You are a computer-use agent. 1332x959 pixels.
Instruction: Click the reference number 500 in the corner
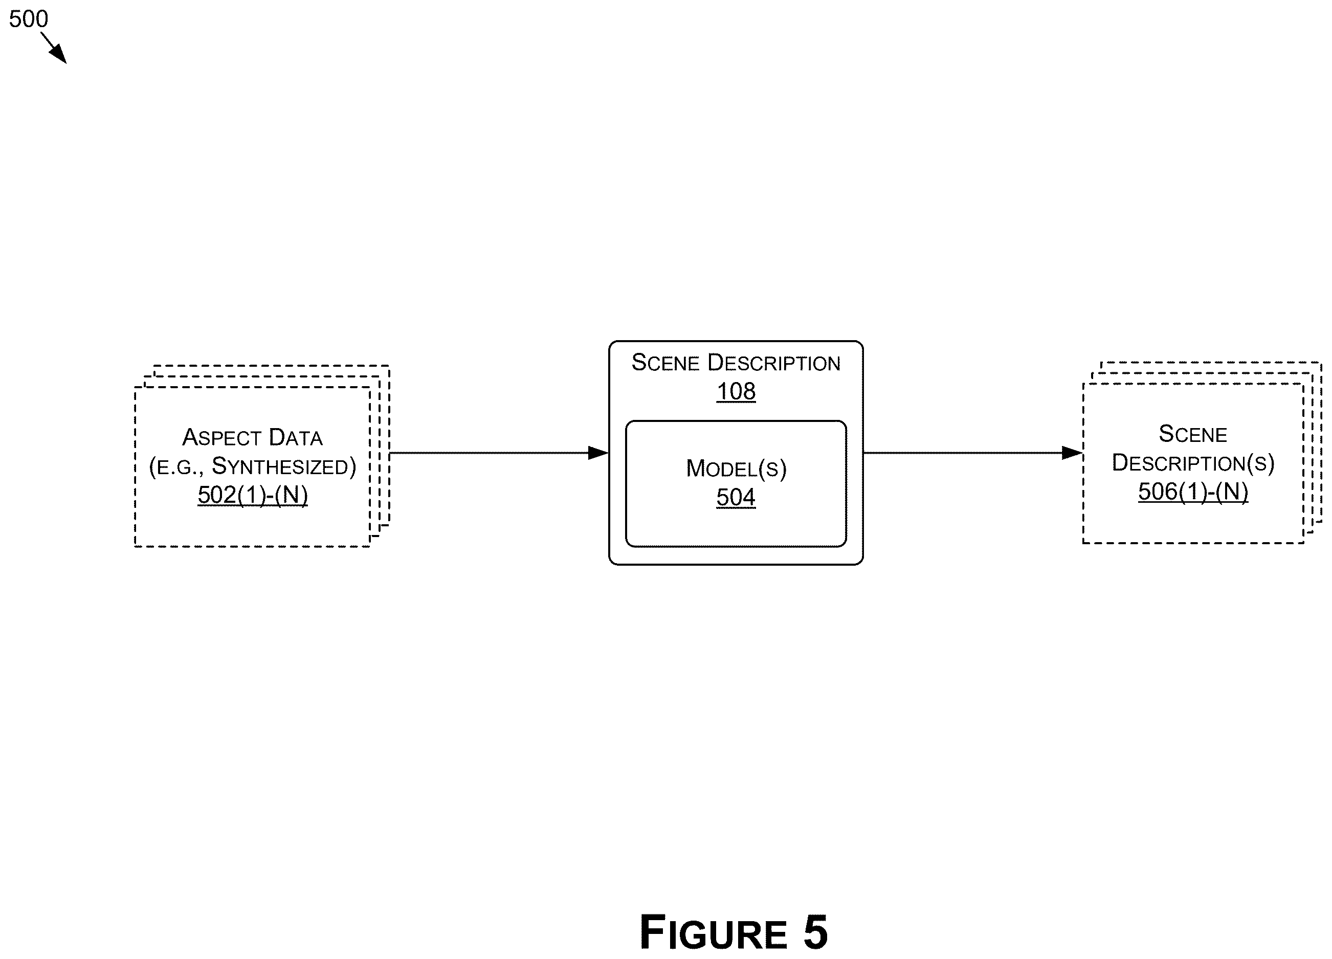pyautogui.click(x=28, y=19)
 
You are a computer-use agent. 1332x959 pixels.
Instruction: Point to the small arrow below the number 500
pyautogui.click(x=53, y=48)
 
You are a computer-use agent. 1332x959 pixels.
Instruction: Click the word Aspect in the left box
pyautogui.click(x=221, y=437)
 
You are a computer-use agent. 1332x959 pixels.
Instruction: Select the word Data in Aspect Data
pyautogui.click(x=296, y=437)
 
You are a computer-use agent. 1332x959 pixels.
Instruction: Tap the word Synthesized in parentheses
pyautogui.click(x=280, y=466)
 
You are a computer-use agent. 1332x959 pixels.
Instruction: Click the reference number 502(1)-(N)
pyautogui.click(x=253, y=495)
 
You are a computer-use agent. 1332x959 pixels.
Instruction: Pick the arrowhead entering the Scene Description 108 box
pyautogui.click(x=598, y=453)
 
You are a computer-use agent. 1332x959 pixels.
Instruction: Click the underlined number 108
pyautogui.click(x=736, y=392)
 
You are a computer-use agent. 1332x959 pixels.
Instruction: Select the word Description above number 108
pyautogui.click(x=773, y=363)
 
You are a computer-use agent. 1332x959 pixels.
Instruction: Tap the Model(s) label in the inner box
pyautogui.click(x=736, y=469)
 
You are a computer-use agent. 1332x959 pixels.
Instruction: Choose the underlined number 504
pyautogui.click(x=736, y=498)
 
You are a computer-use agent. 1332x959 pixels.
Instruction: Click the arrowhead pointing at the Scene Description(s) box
pyautogui.click(x=1073, y=453)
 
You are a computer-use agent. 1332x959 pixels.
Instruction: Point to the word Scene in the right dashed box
pyautogui.click(x=1193, y=434)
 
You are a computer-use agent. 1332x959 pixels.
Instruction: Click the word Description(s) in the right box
pyautogui.click(x=1193, y=463)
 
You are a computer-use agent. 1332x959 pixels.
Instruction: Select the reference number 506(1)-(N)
pyautogui.click(x=1193, y=492)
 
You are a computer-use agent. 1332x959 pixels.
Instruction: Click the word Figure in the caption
pyautogui.click(x=714, y=932)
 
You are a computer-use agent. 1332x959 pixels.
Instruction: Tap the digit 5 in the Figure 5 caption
pyautogui.click(x=815, y=932)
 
